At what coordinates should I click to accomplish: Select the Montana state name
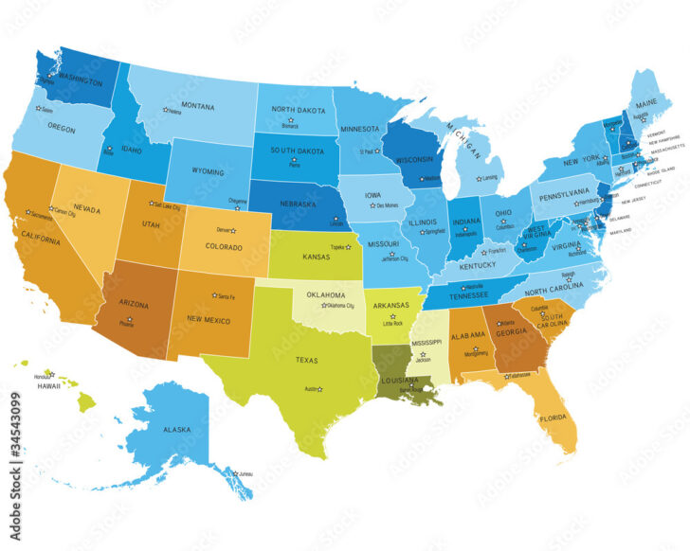197,106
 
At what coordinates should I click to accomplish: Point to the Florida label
554,418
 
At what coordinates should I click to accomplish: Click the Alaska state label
177,429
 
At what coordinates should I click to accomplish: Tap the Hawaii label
50,386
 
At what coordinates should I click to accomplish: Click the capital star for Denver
237,230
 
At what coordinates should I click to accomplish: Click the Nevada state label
87,208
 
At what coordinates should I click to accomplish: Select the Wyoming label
207,172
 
